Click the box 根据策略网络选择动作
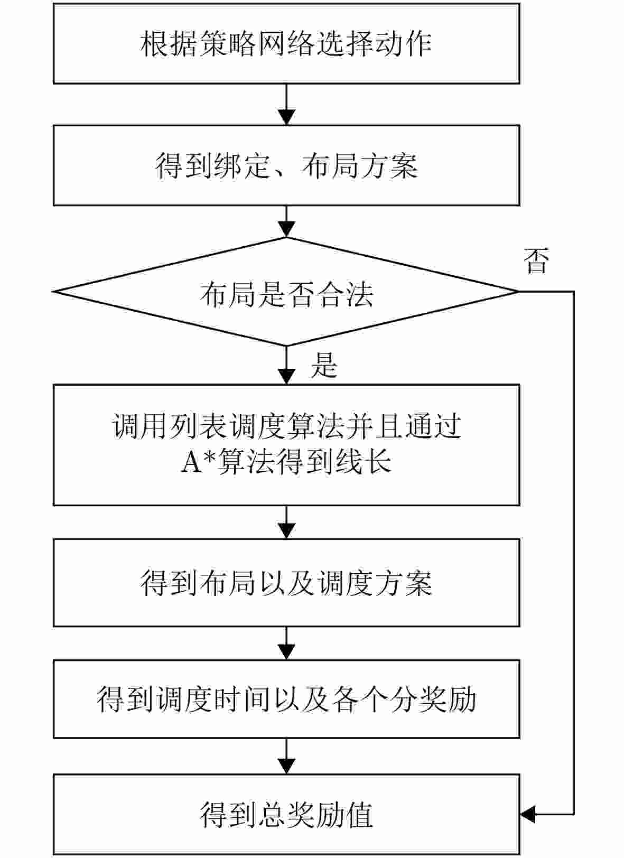point(286,43)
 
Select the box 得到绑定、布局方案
point(286,165)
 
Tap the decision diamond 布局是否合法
point(286,292)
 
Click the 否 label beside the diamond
point(536,260)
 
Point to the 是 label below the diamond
point(324,365)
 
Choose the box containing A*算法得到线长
point(286,445)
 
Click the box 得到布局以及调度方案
point(286,583)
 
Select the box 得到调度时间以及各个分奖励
point(286,698)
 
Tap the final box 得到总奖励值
point(286,814)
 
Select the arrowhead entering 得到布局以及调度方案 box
point(286,530)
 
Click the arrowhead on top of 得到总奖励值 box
point(286,767)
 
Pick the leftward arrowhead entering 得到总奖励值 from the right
point(528,814)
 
